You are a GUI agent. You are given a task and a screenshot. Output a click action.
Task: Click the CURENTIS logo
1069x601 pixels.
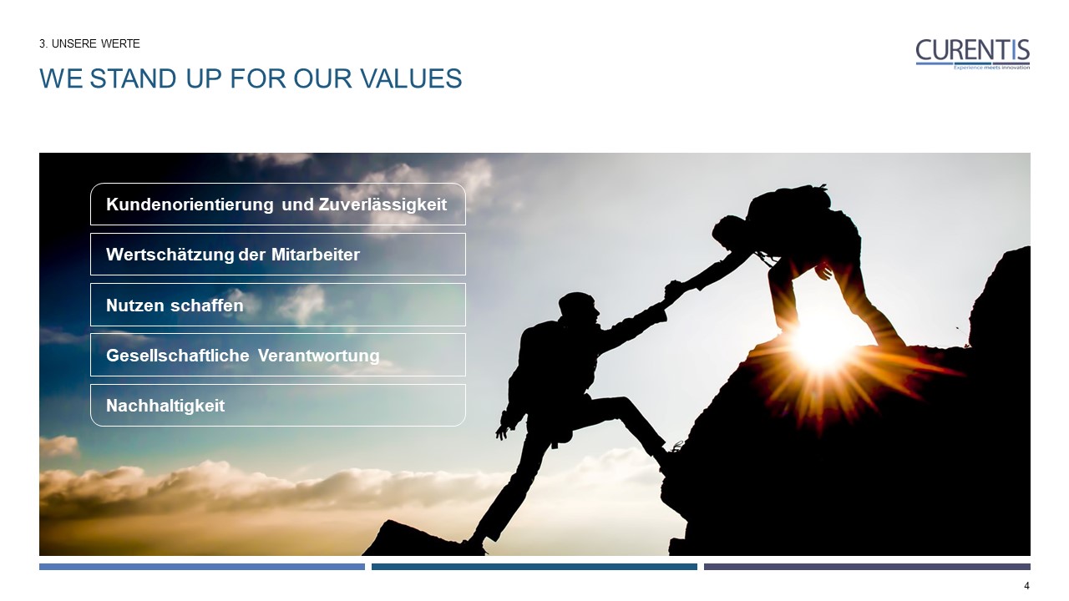pos(972,51)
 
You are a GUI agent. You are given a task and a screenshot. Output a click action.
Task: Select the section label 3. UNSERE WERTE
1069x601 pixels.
pos(89,43)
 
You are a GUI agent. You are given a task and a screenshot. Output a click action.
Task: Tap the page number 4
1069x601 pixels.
pos(1026,586)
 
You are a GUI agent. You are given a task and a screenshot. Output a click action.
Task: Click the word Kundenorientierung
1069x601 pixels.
pos(190,205)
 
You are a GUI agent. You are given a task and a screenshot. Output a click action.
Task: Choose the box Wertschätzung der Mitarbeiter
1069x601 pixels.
pos(277,255)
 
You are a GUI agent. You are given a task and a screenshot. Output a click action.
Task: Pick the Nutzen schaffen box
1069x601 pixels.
pos(277,306)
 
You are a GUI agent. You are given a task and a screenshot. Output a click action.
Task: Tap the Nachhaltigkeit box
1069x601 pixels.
pos(277,406)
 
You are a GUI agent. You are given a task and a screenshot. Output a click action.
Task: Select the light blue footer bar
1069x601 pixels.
pos(201,567)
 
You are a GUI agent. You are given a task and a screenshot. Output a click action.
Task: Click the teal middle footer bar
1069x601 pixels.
pos(534,567)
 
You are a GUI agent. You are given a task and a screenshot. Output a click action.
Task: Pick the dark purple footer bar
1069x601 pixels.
pos(866,567)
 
